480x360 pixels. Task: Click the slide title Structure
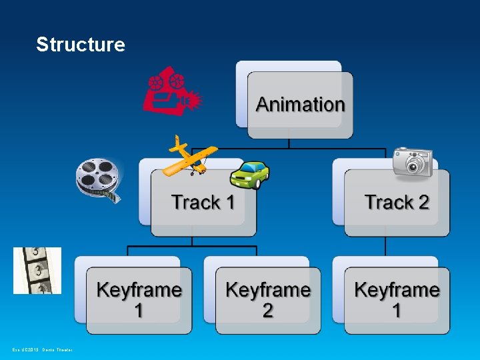(81, 45)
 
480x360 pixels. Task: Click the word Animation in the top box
(300, 105)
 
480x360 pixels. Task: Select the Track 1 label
(203, 202)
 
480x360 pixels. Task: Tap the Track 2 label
(397, 202)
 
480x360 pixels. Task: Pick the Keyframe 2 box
(267, 300)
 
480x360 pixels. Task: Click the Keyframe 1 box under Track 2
(397, 300)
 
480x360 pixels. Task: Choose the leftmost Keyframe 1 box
(139, 300)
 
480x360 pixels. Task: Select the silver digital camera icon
(413, 162)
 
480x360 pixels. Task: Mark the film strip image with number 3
(37, 271)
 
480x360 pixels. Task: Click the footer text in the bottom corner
(42, 349)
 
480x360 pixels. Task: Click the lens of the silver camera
(417, 164)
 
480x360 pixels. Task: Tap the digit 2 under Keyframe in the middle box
(267, 311)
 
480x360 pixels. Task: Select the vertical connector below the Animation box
(289, 145)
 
